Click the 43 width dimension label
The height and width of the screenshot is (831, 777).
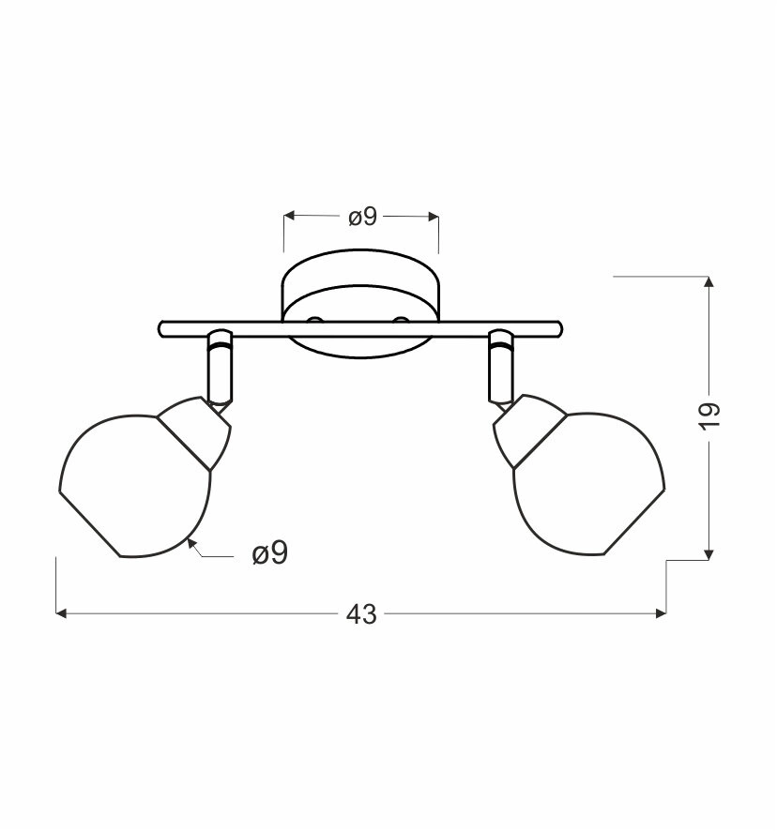361,614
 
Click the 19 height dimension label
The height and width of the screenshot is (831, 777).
710,416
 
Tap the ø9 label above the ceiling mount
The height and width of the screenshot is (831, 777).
363,217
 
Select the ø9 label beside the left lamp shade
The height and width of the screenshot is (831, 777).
270,553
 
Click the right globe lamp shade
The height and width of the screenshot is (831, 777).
589,484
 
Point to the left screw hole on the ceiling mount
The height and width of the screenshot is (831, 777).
315,320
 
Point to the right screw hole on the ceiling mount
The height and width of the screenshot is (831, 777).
401,320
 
